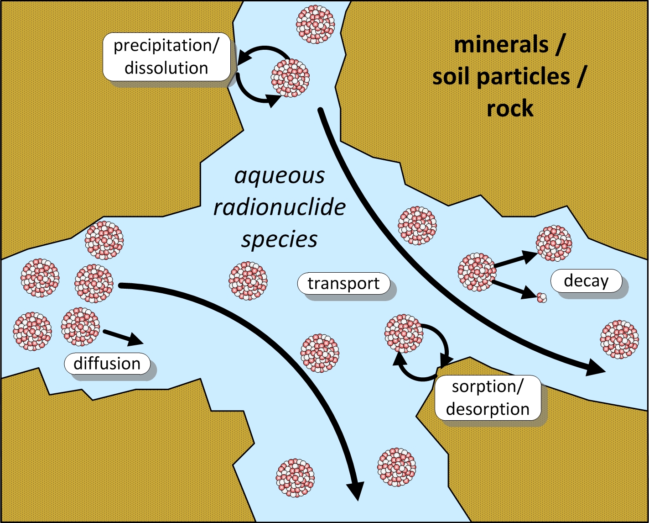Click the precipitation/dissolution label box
pyautogui.click(x=166, y=57)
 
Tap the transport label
pyautogui.click(x=343, y=284)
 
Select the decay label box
pyautogui.click(x=586, y=281)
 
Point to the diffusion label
pyautogui.click(x=107, y=364)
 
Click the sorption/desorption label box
pyautogui.click(x=488, y=398)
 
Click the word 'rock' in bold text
pyautogui.click(x=509, y=109)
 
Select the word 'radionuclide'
pyautogui.click(x=279, y=207)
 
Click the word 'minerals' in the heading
pyautogui.click(x=501, y=45)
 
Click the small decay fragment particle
pyautogui.click(x=541, y=297)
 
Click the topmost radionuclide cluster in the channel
pyautogui.click(x=316, y=24)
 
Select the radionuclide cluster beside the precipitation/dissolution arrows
pyautogui.click(x=290, y=78)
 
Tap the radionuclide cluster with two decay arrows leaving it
pyautogui.click(x=477, y=272)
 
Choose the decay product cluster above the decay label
pyautogui.click(x=554, y=243)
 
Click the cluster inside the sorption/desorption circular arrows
pyautogui.click(x=404, y=333)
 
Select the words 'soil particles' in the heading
pyautogui.click(x=501, y=77)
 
